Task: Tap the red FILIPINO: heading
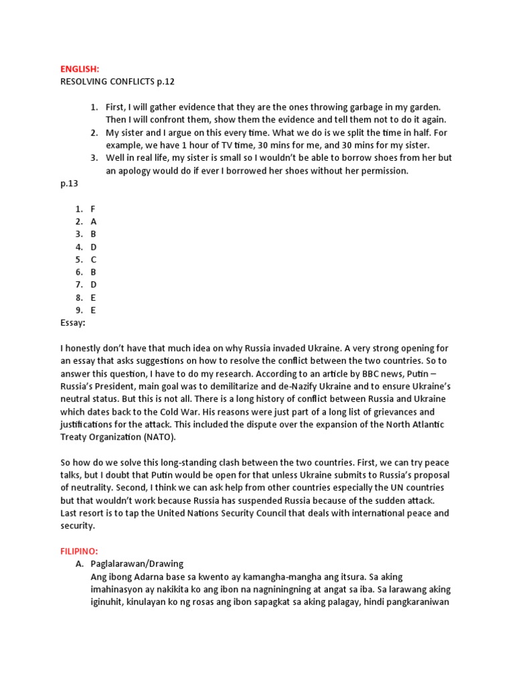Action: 82,551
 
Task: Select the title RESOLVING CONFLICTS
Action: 104,82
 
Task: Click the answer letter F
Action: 93,209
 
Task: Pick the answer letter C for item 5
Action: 94,259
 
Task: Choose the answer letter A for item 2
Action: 94,222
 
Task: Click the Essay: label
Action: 73,323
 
